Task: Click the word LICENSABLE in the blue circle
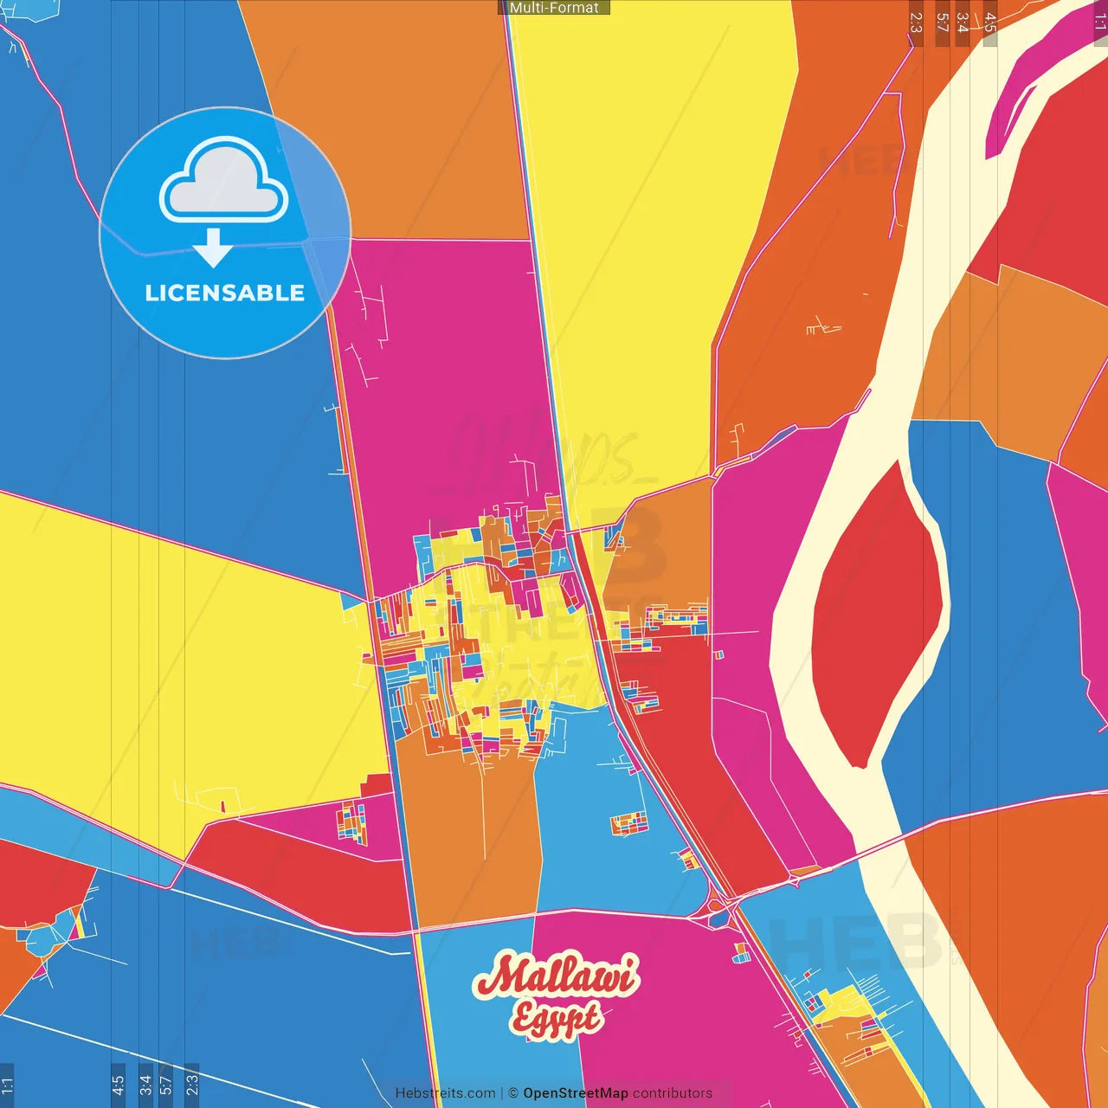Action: [224, 293]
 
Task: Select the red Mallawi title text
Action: [556, 976]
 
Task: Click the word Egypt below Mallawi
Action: [556, 1018]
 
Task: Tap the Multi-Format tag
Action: [553, 8]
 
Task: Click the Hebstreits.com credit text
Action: [445, 1093]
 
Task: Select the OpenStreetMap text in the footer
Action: [575, 1093]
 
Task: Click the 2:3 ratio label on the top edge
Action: [916, 23]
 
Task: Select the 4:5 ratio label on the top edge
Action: [990, 23]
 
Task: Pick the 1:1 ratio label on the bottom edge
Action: [7, 1085]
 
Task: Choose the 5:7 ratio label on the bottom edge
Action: [165, 1085]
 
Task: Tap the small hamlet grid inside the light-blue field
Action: [629, 822]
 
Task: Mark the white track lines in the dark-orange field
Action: [822, 327]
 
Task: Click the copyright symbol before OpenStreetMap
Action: [513, 1093]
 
